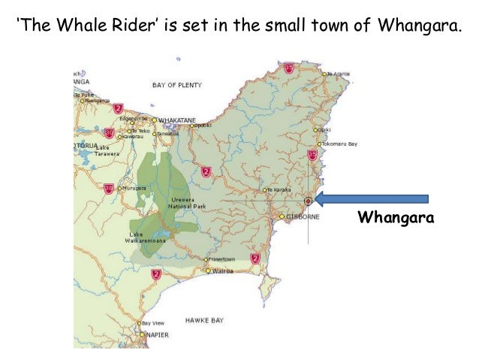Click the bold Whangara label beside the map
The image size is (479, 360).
point(397,219)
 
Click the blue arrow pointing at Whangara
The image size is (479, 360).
point(371,199)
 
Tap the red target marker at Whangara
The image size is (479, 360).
point(308,201)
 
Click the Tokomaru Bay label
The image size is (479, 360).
point(339,143)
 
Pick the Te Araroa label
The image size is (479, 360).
point(339,74)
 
